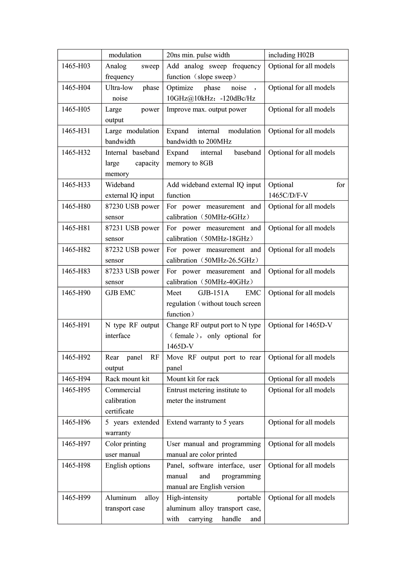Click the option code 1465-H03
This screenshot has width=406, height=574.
coord(76,66)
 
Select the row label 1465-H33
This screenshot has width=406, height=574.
coord(76,185)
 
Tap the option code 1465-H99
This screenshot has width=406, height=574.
coord(76,497)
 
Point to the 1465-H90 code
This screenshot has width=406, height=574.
coord(76,293)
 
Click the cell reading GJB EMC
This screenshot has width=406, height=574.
coord(120,293)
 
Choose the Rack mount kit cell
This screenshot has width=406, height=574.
coord(127,379)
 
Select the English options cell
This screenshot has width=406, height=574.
coord(127,465)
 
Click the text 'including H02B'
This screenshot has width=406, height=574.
coord(291,55)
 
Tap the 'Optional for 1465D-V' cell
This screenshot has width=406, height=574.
coord(300,325)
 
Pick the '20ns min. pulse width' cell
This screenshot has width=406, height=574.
coord(198,55)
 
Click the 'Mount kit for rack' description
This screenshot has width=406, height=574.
coord(193,379)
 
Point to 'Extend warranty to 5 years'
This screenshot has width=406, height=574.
coord(205,422)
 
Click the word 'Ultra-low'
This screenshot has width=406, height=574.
coord(119,88)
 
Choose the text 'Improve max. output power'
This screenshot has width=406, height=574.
coord(206,109)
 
